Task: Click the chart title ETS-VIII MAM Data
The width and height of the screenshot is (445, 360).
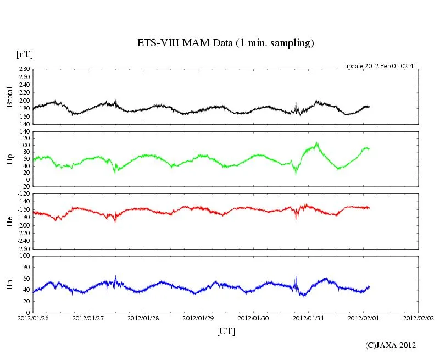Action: [x=225, y=43]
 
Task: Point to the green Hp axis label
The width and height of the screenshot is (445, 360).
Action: [x=9, y=159]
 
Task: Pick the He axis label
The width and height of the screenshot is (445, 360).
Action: [x=9, y=221]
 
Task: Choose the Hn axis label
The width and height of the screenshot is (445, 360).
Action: [x=9, y=284]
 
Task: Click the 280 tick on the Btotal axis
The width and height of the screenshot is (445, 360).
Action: [x=24, y=70]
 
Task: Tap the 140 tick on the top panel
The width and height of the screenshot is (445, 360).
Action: [x=24, y=125]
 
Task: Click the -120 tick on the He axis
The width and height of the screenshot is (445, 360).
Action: [x=23, y=195]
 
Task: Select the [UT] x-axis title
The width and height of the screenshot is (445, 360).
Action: [x=226, y=331]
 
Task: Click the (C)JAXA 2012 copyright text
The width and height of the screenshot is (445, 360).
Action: [x=391, y=345]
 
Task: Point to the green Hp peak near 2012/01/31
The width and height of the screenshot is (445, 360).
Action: [x=316, y=144]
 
